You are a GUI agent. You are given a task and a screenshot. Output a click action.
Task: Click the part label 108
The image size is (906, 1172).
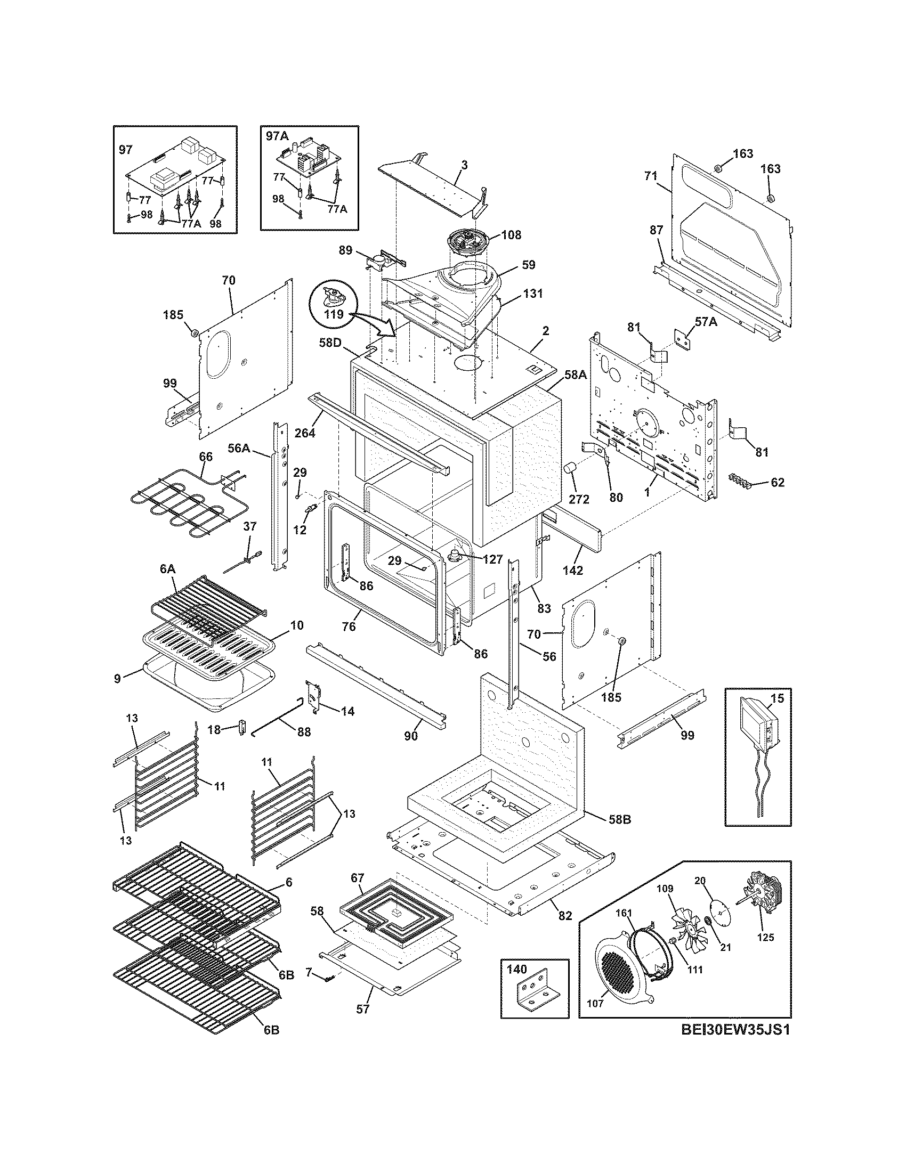(511, 234)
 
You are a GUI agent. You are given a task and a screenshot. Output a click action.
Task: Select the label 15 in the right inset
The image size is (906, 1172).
(777, 698)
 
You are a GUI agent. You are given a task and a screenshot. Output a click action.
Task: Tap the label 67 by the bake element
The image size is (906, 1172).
(358, 878)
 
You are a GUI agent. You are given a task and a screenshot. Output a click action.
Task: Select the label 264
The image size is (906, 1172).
(305, 432)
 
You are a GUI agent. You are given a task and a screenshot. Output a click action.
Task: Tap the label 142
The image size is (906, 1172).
(573, 570)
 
